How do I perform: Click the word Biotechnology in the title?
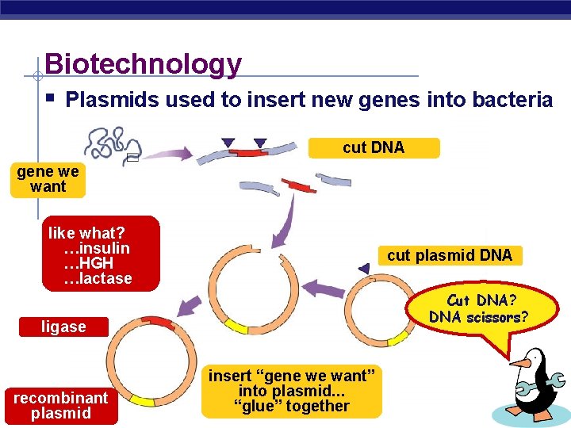143,63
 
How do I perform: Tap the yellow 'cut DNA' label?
374,148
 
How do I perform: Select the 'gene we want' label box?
48,179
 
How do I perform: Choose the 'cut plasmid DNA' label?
450,255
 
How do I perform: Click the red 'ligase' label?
63,327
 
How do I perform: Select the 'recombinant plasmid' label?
61,405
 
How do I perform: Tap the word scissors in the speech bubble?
493,318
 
